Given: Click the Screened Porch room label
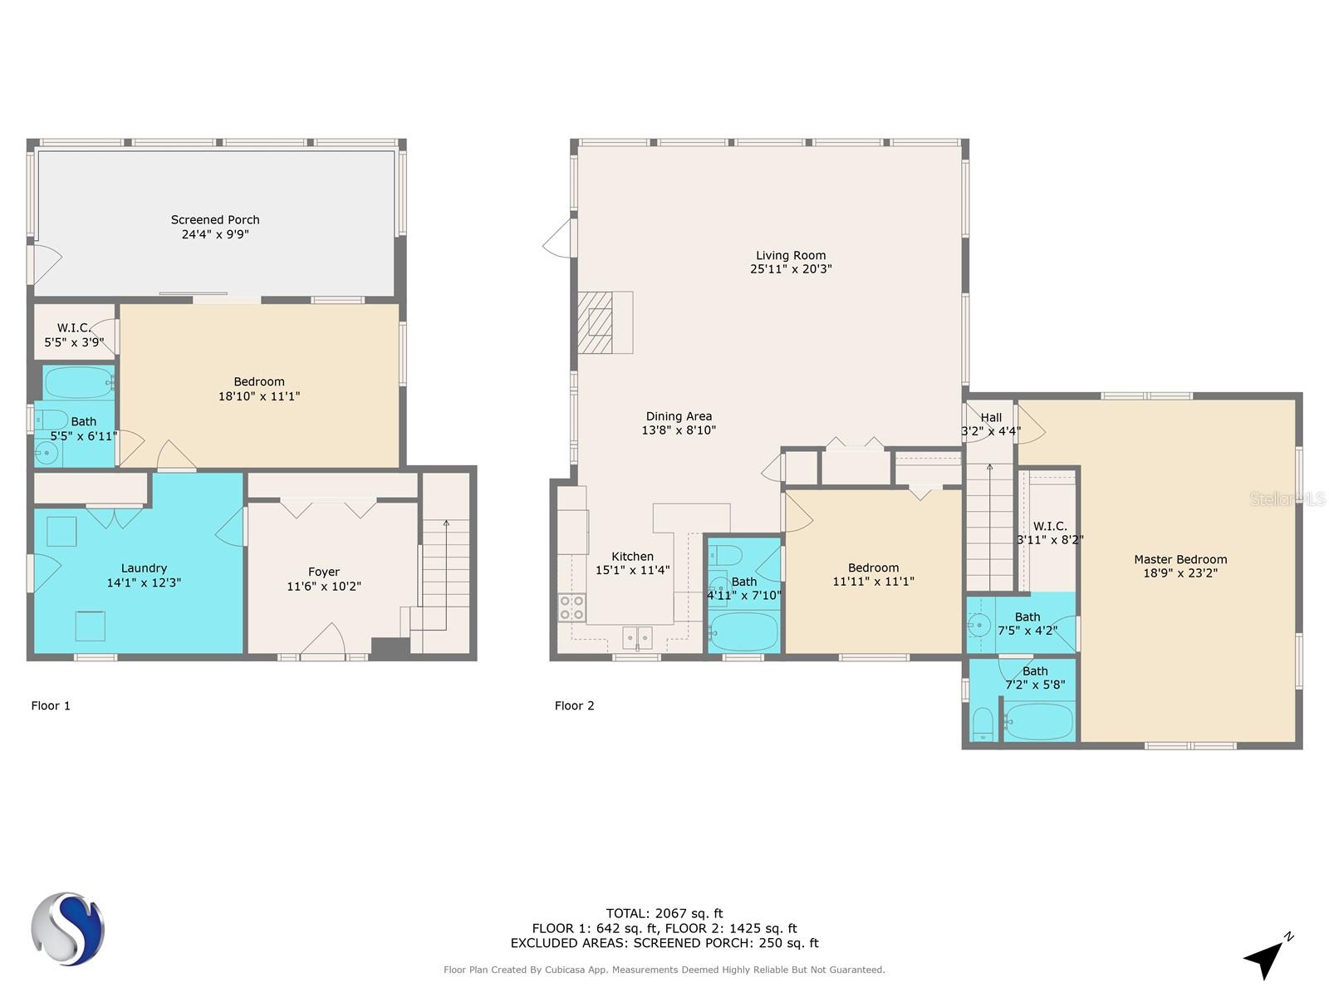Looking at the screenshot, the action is [x=215, y=219].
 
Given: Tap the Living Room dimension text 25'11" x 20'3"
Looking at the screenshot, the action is [x=791, y=268].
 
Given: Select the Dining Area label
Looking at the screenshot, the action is [x=679, y=416].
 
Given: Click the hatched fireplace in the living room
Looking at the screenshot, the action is [x=595, y=322].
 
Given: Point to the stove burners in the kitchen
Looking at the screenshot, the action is [x=571, y=608].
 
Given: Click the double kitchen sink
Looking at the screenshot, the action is [x=638, y=637].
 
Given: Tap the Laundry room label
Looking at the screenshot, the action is [x=144, y=567].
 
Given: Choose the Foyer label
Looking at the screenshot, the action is [x=323, y=572].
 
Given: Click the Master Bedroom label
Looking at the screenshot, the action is [x=1180, y=559].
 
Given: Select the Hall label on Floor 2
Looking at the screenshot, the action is [x=991, y=418].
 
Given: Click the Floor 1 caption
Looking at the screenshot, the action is [x=51, y=706].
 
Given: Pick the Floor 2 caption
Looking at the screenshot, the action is [x=574, y=706].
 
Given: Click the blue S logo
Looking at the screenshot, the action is [x=67, y=929].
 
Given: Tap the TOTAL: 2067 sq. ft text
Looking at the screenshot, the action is [x=664, y=913].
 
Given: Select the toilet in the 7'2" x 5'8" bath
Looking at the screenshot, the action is [x=983, y=724].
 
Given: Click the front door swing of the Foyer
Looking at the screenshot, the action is [x=324, y=638].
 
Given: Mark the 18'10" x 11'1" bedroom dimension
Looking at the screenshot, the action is [x=259, y=396].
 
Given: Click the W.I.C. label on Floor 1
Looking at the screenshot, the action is [x=74, y=328].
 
